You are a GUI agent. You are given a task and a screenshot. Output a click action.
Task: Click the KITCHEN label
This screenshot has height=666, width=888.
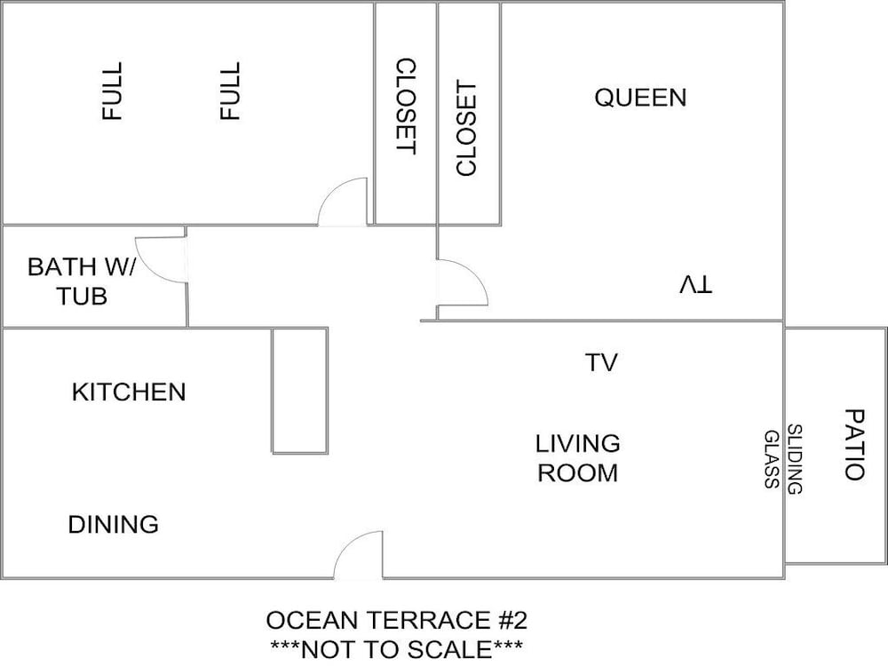[129, 392]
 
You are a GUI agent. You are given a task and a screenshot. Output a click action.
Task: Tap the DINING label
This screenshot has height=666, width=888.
[114, 525]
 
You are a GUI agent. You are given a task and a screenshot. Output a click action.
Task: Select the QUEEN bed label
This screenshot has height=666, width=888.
[640, 98]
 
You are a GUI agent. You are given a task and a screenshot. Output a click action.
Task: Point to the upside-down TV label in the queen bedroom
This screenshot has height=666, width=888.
[695, 284]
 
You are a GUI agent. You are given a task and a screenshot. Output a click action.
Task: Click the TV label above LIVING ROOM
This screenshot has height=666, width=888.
[601, 362]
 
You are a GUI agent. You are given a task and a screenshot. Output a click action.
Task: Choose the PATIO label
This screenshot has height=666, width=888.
[854, 445]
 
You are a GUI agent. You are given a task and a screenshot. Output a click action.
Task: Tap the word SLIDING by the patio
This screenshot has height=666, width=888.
[795, 459]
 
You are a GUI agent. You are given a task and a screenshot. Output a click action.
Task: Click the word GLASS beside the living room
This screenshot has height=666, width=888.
[772, 459]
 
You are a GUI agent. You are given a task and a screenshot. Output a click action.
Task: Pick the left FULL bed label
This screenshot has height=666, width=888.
[112, 91]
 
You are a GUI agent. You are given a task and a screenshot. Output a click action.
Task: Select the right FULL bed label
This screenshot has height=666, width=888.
[230, 91]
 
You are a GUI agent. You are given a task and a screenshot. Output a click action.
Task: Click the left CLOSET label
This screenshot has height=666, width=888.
[406, 106]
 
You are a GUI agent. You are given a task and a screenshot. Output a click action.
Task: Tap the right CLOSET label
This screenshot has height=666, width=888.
[467, 128]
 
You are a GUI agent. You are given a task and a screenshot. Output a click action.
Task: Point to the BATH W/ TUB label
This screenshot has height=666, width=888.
[82, 281]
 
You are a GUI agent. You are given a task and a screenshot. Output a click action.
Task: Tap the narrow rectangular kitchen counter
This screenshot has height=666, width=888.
[299, 391]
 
